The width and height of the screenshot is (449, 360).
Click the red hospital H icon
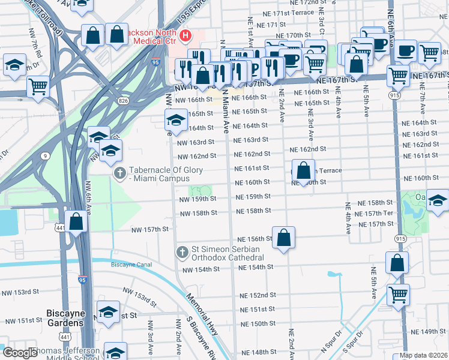185,36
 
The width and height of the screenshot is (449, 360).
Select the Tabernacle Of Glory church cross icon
120,173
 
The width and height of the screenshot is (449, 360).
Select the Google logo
20,353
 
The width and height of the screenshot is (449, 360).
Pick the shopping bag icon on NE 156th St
283,236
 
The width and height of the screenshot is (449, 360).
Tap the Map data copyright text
424,355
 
